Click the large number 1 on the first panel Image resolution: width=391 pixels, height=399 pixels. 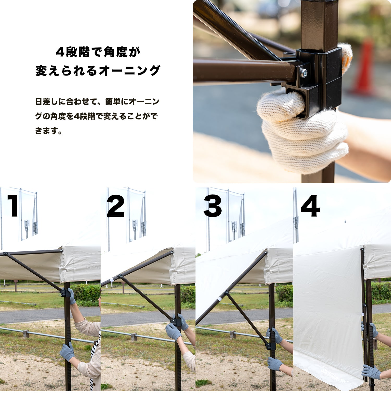point(13,206)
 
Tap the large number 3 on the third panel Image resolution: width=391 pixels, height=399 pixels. point(212,206)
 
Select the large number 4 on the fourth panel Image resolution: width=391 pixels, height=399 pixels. point(310,206)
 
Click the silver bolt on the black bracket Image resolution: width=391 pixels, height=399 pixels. point(303,73)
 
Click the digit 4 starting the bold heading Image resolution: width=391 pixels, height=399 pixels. point(60,52)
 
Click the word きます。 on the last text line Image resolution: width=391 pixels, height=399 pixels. point(48,131)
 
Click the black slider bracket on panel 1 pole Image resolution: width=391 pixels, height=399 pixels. point(65,293)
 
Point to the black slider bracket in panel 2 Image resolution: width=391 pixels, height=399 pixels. point(176,322)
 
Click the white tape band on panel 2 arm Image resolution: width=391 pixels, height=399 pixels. point(112,280)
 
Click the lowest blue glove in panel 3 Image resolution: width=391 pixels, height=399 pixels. point(274,364)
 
